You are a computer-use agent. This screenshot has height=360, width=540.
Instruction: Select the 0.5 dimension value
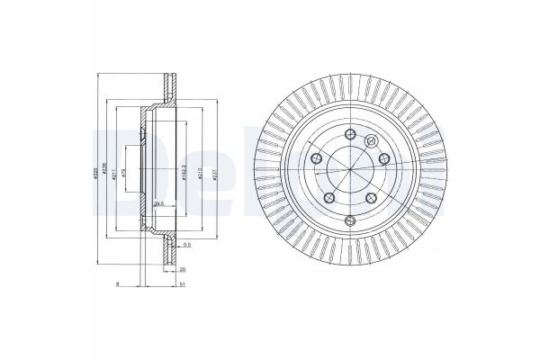[x=187, y=245]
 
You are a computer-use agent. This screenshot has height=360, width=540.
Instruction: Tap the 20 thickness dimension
[x=182, y=268]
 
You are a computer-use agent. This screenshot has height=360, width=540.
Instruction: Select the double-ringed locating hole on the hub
[x=371, y=139]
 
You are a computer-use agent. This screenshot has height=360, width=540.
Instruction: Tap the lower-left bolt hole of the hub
[x=329, y=198]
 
